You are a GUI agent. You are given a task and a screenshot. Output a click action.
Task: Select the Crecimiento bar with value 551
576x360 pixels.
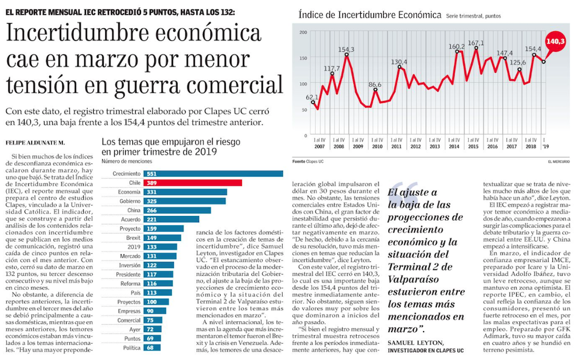coord(213,173)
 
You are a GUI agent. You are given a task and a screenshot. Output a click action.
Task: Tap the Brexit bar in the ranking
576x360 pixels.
coord(162,237)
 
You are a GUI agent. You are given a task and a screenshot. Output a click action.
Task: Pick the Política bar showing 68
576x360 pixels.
coord(149,347)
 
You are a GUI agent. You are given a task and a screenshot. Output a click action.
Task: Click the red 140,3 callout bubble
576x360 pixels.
coord(556,40)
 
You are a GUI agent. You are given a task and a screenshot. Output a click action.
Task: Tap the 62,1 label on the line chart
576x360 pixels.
coord(312,97)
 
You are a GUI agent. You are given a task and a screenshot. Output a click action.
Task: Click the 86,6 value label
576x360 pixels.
coord(374,84)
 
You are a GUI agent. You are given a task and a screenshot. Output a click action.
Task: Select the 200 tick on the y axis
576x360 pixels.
coord(303,32)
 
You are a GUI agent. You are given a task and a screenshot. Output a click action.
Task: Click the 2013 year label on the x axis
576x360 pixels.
coord(434,146)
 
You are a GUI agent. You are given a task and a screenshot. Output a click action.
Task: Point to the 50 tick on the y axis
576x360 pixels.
coord(304,109)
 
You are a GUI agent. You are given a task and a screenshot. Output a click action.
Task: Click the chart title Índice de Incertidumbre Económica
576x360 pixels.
coord(369,15)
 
